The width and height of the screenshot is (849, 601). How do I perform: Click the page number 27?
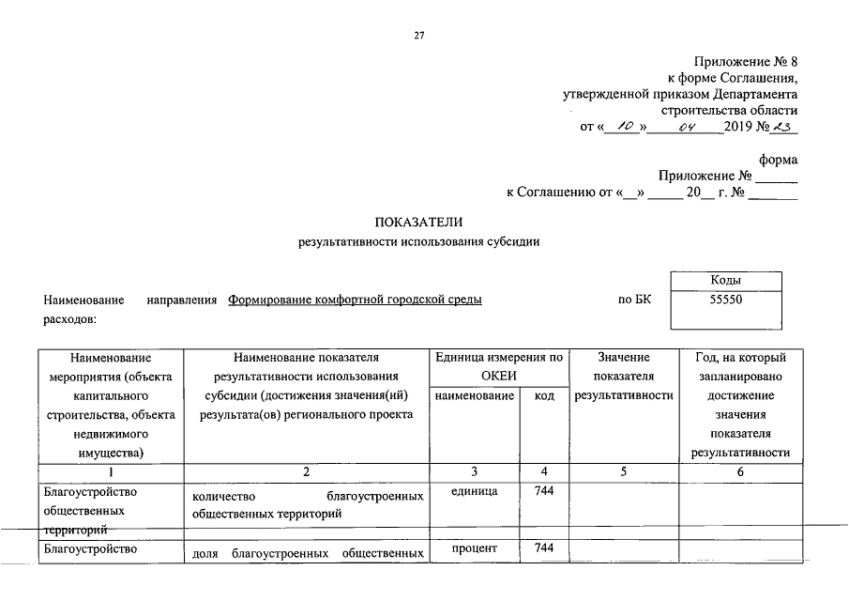(419, 36)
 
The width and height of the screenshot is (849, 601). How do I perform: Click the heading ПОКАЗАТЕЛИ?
(418, 223)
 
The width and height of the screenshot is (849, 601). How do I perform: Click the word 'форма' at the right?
(778, 160)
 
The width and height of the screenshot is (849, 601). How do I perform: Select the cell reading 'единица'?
(474, 491)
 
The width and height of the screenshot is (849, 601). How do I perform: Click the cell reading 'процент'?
(474, 548)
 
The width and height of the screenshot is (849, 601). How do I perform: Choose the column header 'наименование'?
(474, 396)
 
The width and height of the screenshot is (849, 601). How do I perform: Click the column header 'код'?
(544, 396)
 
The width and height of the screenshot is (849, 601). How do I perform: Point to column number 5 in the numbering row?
(624, 471)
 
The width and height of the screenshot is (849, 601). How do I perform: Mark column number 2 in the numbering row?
(305, 471)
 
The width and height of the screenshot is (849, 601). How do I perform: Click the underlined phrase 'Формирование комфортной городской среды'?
(356, 300)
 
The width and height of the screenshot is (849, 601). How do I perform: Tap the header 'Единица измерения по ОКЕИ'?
(499, 366)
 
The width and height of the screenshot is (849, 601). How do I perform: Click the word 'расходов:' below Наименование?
(70, 319)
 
